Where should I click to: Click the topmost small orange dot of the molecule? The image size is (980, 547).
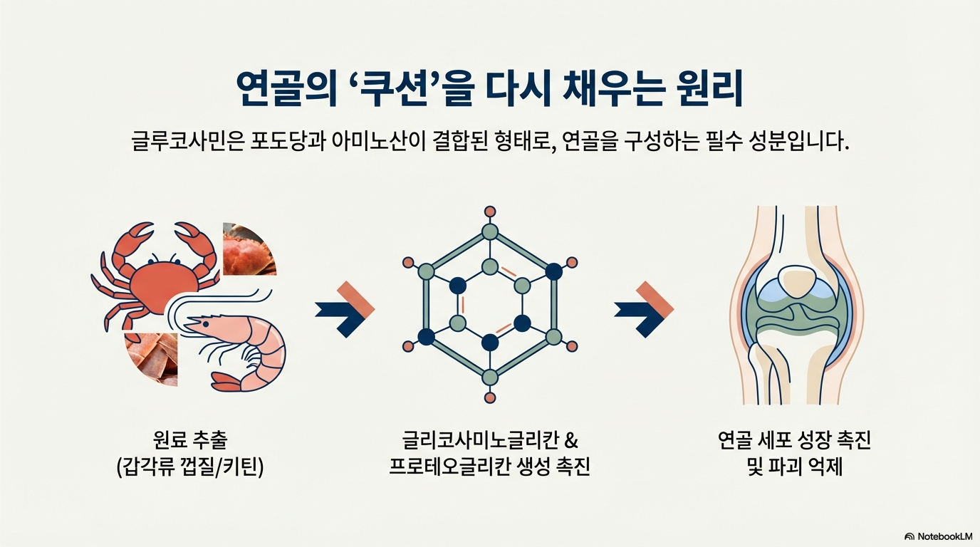click(x=489, y=211)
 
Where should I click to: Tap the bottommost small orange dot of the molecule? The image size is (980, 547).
click(x=489, y=397)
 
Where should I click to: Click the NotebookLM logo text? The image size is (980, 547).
click(x=944, y=536)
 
